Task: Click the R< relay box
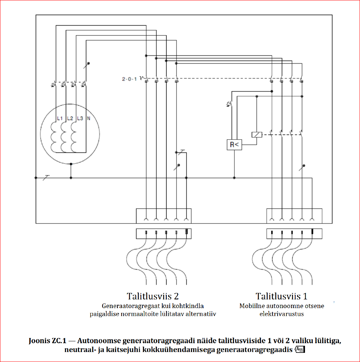coord(234,144)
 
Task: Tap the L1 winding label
coord(60,119)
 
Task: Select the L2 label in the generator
coord(70,119)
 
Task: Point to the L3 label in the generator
coord(80,119)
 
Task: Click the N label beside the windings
coord(89,119)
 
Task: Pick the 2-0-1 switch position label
coord(129,79)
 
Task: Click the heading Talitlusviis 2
coord(152,296)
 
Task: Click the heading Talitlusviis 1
coord(281,296)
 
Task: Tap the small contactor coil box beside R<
coord(256,135)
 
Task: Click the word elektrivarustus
coord(281,314)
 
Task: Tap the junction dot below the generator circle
coord(71,178)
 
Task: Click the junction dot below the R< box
coord(234,178)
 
